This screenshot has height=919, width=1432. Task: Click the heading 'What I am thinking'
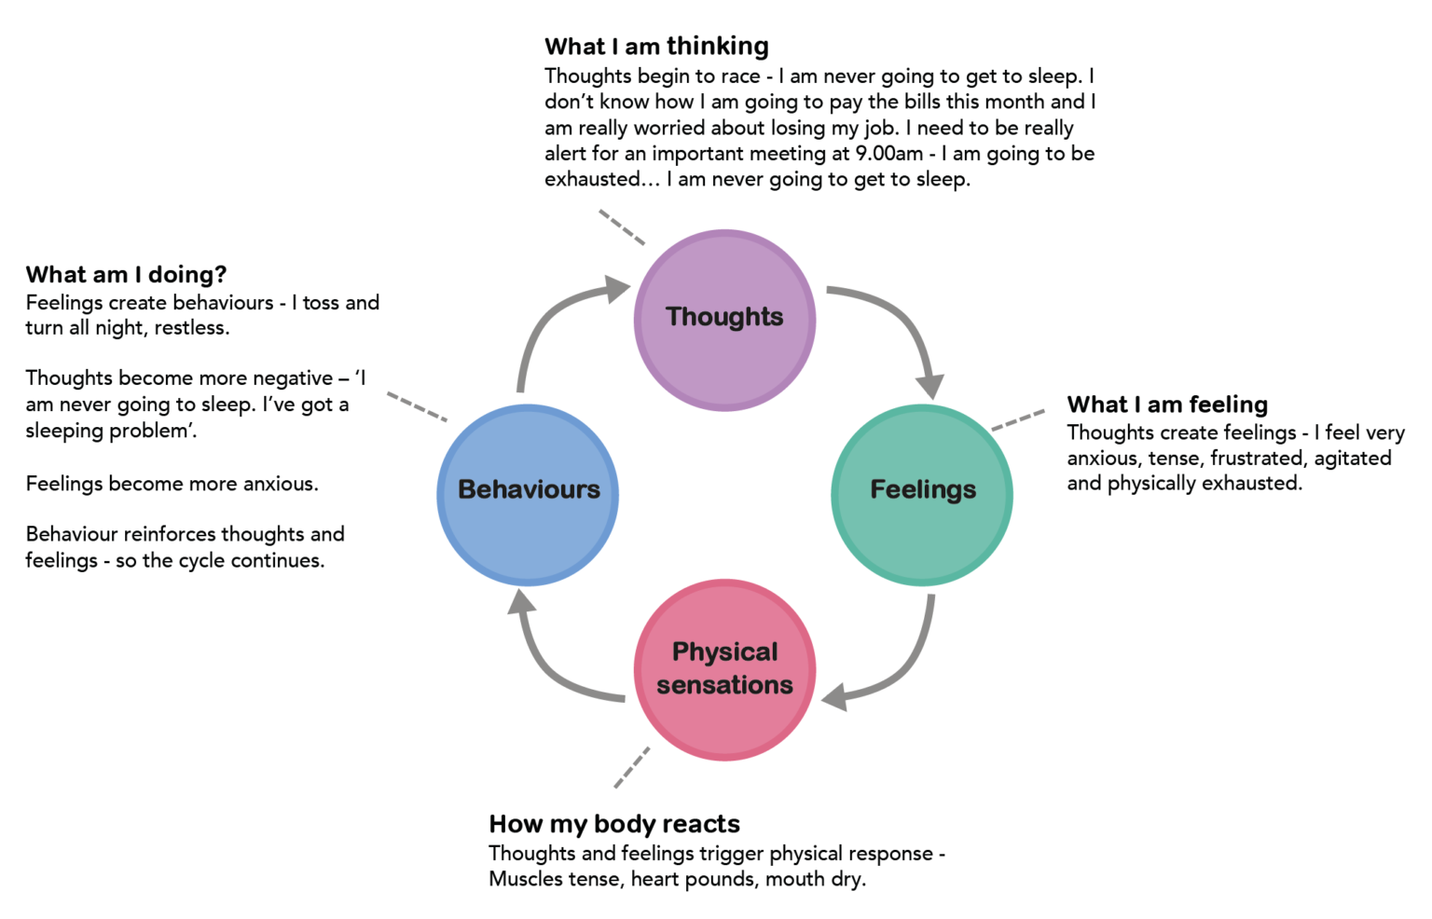[656, 47]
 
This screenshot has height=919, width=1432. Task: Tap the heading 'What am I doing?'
[126, 275]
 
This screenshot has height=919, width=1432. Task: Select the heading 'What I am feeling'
[1167, 405]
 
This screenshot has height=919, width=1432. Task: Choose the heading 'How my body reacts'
[613, 824]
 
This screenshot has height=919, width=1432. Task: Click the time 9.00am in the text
[888, 154]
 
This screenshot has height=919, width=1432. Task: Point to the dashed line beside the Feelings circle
[1018, 420]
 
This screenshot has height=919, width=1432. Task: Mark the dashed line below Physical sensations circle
[632, 767]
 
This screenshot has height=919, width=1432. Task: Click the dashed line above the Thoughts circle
[621, 226]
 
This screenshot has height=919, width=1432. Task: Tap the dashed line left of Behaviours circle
[417, 406]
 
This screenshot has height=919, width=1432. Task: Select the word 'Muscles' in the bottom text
[522, 879]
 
